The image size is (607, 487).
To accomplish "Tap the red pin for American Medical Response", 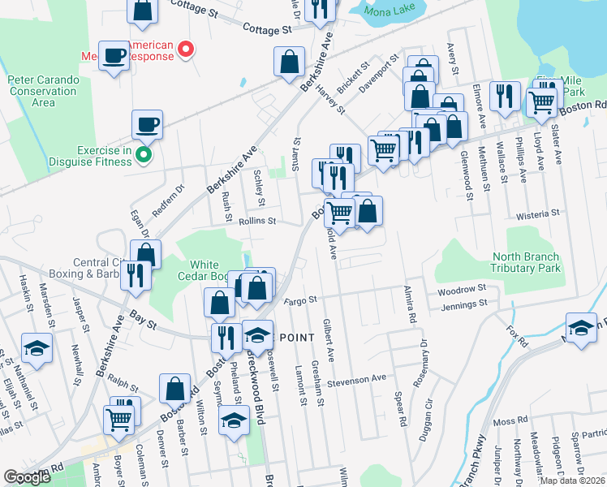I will pos(186,50).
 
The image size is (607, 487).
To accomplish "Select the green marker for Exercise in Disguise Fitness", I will pos(144,154).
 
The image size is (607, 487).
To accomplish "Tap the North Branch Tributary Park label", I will pos(526,262).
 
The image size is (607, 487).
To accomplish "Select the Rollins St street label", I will pos(258,221).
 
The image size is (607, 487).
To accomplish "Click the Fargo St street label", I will pos(300,300).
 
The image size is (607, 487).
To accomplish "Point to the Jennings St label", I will pos(463,304).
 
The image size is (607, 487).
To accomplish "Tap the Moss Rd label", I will pos(510,422).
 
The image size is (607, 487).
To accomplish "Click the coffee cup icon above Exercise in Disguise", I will pos(148,125).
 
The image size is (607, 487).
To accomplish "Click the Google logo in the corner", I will pos(27,477).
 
